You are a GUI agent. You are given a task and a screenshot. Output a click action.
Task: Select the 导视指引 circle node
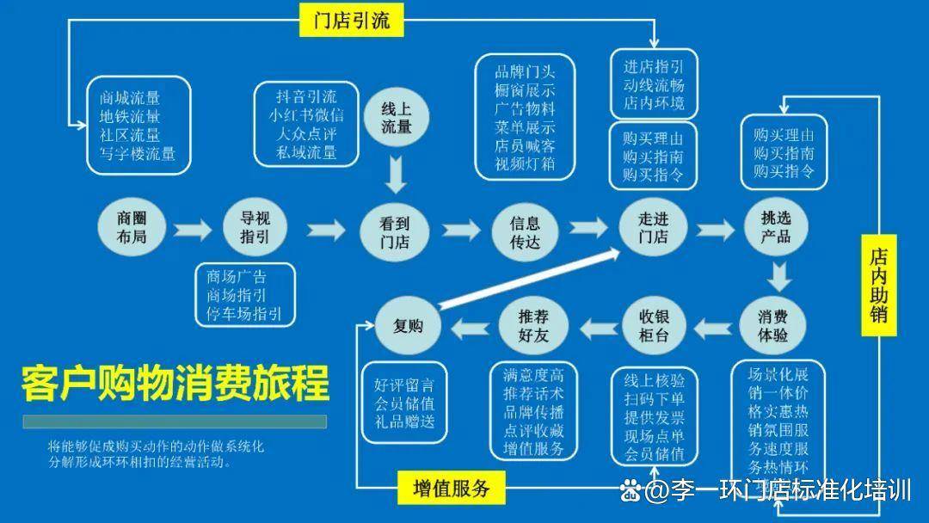pos(255,227)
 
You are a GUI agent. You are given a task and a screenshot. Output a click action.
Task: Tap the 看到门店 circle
pos(395,231)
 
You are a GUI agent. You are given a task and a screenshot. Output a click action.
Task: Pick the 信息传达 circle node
pos(525,231)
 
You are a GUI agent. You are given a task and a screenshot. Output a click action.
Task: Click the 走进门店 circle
pos(654,228)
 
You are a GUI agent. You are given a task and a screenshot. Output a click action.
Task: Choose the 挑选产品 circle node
pos(775,227)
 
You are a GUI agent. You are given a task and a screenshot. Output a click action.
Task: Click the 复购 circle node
pos(409,325)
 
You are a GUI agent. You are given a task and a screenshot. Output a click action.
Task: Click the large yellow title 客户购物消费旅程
pos(175,384)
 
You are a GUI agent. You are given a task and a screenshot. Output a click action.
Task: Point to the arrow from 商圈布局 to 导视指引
pos(192,230)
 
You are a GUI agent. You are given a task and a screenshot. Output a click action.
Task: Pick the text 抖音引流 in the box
pos(306,96)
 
